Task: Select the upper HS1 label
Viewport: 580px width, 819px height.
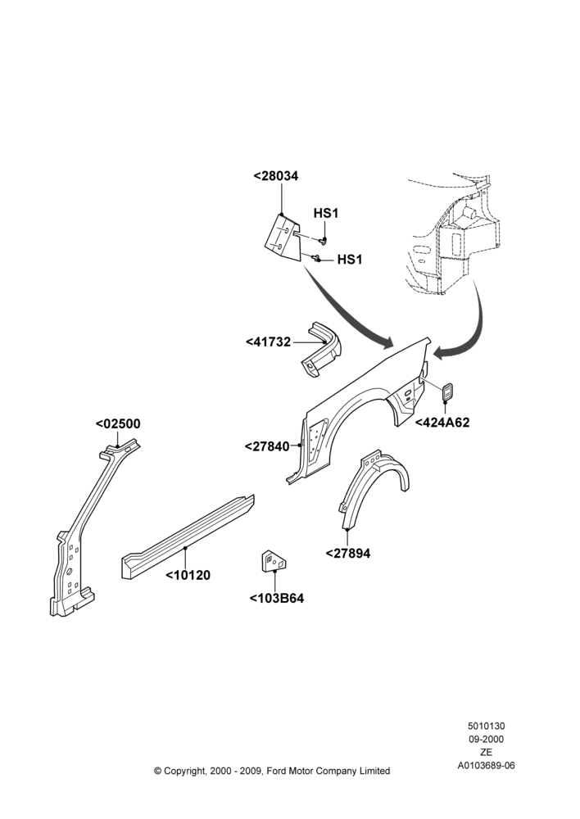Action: [325, 213]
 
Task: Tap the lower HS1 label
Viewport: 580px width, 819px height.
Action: [350, 259]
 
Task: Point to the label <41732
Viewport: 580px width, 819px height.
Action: [268, 342]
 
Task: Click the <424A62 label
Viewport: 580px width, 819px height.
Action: [442, 422]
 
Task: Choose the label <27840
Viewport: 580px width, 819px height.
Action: [266, 446]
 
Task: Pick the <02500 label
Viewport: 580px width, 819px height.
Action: [118, 423]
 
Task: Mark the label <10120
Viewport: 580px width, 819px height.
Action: [188, 575]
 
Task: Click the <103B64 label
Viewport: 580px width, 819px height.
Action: [276, 598]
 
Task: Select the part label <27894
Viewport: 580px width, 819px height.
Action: [348, 553]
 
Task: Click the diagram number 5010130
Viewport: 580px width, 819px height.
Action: [486, 726]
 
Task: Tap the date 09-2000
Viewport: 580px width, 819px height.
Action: [486, 739]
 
